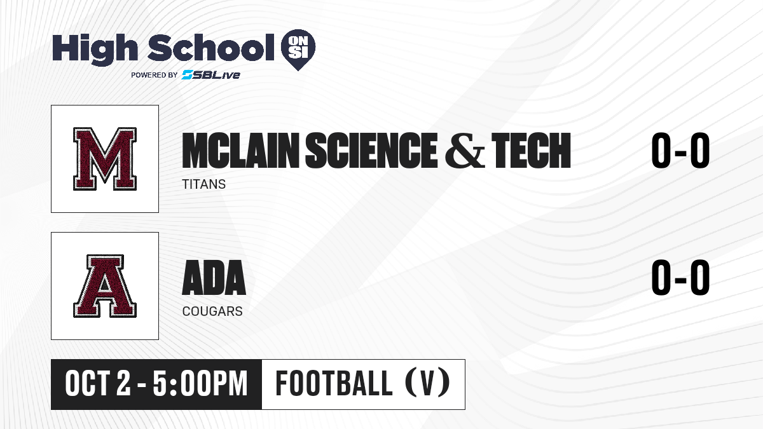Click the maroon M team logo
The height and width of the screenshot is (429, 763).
pyautogui.click(x=105, y=159)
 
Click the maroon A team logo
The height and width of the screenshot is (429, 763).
pyautogui.click(x=105, y=286)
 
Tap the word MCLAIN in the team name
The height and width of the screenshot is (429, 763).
pyautogui.click(x=240, y=150)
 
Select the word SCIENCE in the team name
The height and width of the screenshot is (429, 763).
pyautogui.click(x=371, y=150)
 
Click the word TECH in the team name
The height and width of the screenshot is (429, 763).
pyautogui.click(x=532, y=150)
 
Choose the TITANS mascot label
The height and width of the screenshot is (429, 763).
pyautogui.click(x=204, y=184)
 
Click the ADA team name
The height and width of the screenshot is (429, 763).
pyautogui.click(x=214, y=278)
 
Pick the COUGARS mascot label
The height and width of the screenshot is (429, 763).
pyautogui.click(x=212, y=311)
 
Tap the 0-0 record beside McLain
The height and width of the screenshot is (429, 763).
pyautogui.click(x=680, y=150)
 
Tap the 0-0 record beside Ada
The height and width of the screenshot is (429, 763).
pyautogui.click(x=680, y=278)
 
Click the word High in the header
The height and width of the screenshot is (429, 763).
pyautogui.click(x=95, y=49)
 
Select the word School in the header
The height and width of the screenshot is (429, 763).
pyautogui.click(x=211, y=48)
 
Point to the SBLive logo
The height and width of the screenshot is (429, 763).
pyautogui.click(x=211, y=75)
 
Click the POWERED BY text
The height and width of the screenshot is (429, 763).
pyautogui.click(x=155, y=75)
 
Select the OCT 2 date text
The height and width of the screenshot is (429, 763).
pyautogui.click(x=98, y=384)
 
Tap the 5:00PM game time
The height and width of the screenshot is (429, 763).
pyautogui.click(x=200, y=384)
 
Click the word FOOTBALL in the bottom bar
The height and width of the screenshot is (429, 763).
pyautogui.click(x=334, y=383)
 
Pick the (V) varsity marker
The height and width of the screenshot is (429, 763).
pyautogui.click(x=427, y=383)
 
